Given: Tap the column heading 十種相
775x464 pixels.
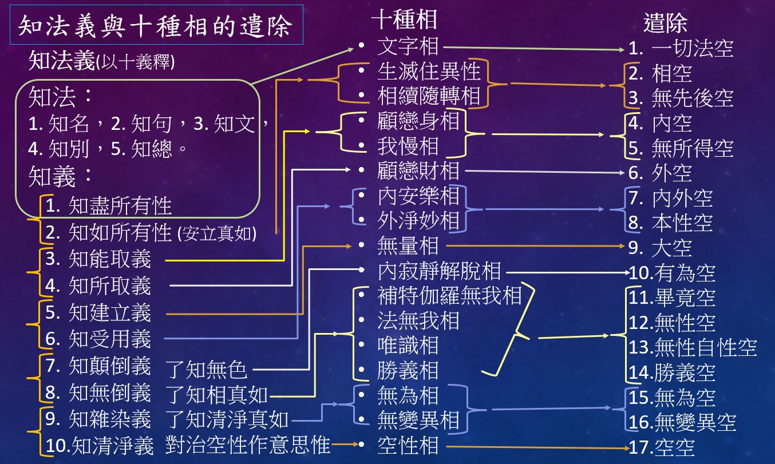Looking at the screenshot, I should [404, 19].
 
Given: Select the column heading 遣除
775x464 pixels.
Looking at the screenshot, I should [665, 23].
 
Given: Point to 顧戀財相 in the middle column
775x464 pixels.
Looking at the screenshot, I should [418, 170].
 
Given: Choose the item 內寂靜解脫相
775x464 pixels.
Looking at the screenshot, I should [439, 271].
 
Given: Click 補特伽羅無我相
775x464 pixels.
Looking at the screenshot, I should [449, 296].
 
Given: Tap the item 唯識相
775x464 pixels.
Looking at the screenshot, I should [408, 346].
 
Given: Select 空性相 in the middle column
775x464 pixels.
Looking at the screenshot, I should [408, 445].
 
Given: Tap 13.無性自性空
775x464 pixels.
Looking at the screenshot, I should [693, 347].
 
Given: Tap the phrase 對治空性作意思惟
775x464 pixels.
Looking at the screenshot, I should [248, 445].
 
